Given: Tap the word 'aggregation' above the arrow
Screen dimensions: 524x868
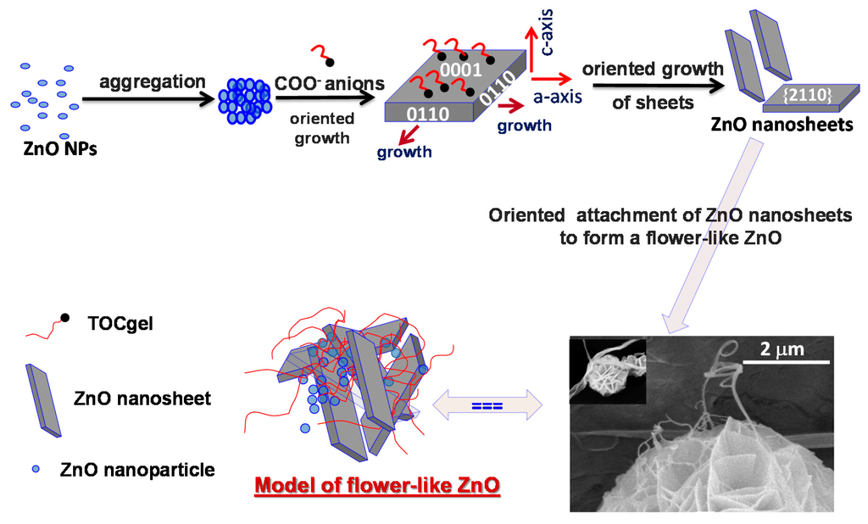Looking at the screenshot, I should click(152, 82).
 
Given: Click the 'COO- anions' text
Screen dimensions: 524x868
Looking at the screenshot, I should click(330, 84).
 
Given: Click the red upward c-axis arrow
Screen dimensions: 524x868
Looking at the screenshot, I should click(531, 47).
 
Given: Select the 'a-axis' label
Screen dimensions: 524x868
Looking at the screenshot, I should click(557, 98).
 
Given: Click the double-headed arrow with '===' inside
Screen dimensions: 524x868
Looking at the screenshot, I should click(487, 405).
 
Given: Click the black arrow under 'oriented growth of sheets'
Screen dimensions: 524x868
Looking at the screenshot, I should click(652, 86).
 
